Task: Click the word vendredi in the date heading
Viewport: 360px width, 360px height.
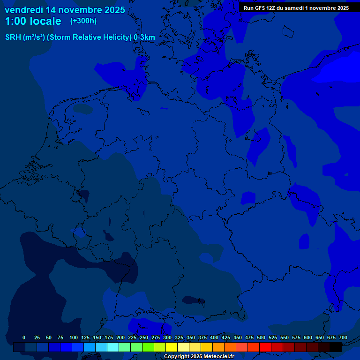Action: coord(24,10)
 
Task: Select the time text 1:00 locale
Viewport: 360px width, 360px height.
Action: coord(33,22)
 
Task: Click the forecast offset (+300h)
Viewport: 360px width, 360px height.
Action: coord(83,21)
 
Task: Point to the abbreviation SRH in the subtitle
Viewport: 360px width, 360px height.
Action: coord(13,37)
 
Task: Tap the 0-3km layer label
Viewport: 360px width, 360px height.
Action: coord(144,37)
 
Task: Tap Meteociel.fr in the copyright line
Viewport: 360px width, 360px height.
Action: coord(216,357)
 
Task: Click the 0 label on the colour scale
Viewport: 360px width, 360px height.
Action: coord(24,337)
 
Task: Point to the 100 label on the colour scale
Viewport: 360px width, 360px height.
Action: coord(73,337)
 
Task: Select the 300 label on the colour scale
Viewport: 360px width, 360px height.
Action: coord(167,337)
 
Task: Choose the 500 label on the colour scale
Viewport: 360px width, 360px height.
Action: coord(261,337)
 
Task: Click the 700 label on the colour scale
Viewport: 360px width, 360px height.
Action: coord(343,337)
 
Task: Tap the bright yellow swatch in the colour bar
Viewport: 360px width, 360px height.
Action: coord(172,347)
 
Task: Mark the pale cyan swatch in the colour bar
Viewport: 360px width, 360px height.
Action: coord(113,347)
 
